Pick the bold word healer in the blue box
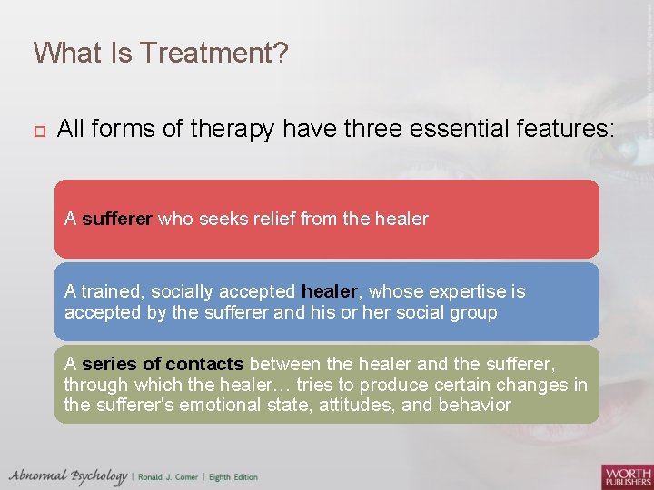[331, 292]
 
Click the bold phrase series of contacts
[163, 365]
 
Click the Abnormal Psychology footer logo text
[68, 475]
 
